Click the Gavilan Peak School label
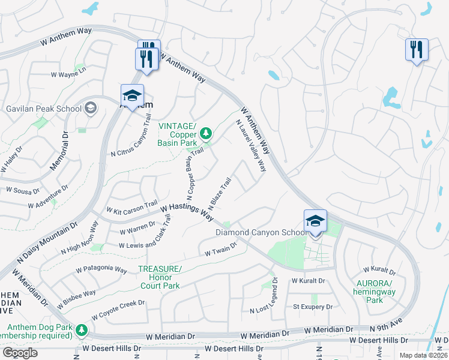tap(43, 109)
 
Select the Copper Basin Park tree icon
tap(206, 131)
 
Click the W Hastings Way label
tap(187, 209)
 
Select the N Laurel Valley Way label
tap(251, 145)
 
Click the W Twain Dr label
tap(221, 250)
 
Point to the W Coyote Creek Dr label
tap(118, 310)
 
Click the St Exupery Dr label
tap(312, 307)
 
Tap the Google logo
tap(20, 353)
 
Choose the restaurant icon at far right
tap(417, 49)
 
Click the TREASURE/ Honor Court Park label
tap(160, 277)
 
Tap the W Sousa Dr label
tap(23, 190)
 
